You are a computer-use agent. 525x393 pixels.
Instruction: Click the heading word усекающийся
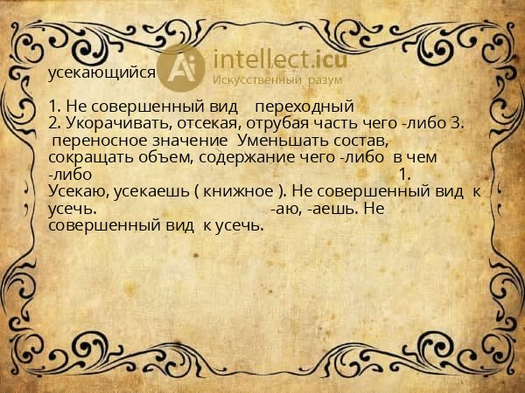[101, 73]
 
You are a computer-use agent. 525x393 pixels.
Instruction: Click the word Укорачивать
[112, 124]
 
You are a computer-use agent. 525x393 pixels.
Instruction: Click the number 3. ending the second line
[454, 124]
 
